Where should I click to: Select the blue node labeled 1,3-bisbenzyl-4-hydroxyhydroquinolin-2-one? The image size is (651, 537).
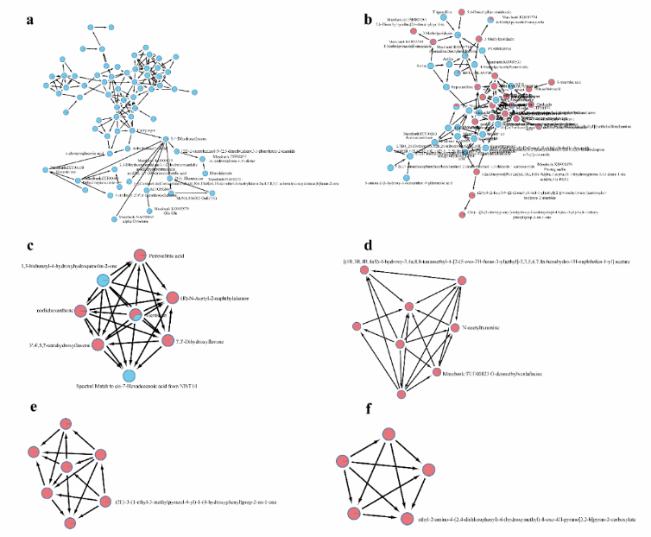pyautogui.click(x=104, y=279)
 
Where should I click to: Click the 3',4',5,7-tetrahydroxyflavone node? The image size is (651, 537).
pyautogui.click(x=98, y=344)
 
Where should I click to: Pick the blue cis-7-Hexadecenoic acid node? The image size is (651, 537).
pyautogui.click(x=129, y=374)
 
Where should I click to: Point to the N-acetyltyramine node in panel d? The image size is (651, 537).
pyautogui.click(x=453, y=328)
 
